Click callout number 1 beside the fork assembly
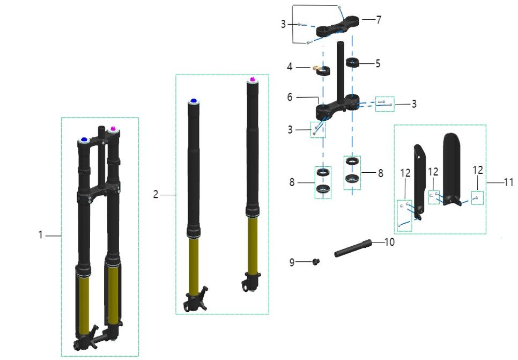click(x=40, y=235)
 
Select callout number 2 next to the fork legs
click(x=156, y=195)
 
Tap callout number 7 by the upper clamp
click(x=379, y=20)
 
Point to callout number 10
click(x=389, y=243)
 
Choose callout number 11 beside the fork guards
click(x=508, y=182)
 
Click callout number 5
click(x=378, y=63)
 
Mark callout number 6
click(x=290, y=97)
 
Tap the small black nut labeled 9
click(x=317, y=262)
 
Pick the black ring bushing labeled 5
click(x=351, y=61)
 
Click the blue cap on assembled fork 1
click(x=84, y=141)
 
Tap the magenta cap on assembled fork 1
click(x=113, y=129)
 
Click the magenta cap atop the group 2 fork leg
click(x=251, y=80)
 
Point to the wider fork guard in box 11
click(x=454, y=166)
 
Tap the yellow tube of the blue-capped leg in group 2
click(x=194, y=263)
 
